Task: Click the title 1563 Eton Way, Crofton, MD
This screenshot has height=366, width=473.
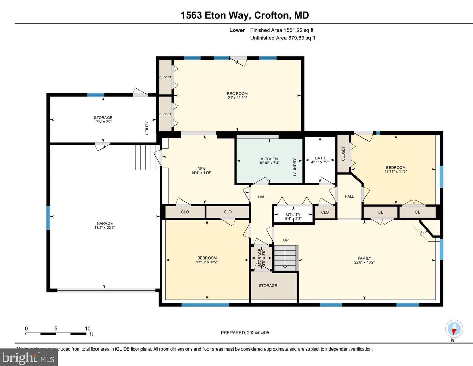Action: coord(245,15)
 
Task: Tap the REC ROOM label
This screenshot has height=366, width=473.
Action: coord(237,94)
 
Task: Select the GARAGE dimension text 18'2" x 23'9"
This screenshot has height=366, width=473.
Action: coord(104,227)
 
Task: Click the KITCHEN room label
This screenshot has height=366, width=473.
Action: coord(269,159)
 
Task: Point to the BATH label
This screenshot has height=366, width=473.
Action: coord(320,158)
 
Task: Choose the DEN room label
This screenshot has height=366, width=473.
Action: coord(201,169)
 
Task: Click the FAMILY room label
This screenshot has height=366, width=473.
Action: coord(364,258)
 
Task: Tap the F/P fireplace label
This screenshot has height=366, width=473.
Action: coord(424,232)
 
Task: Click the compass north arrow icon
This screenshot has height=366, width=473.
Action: coord(454,329)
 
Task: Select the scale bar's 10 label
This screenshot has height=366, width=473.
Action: coord(88,329)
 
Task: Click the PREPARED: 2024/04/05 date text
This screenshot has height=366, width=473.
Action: coord(245,333)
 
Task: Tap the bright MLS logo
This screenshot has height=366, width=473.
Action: coord(29,358)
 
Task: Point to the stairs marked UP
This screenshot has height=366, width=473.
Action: coord(285,258)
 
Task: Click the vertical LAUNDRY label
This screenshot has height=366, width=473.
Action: coord(295,167)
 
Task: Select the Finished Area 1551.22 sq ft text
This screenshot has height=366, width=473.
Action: coord(282,30)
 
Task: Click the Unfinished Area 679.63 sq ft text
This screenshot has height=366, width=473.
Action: coord(282,38)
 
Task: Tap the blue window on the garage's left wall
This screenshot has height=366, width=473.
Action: coord(48,218)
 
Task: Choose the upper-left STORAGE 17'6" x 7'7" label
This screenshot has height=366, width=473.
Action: coord(103,119)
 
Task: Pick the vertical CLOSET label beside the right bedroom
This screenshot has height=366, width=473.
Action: coord(343,153)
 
